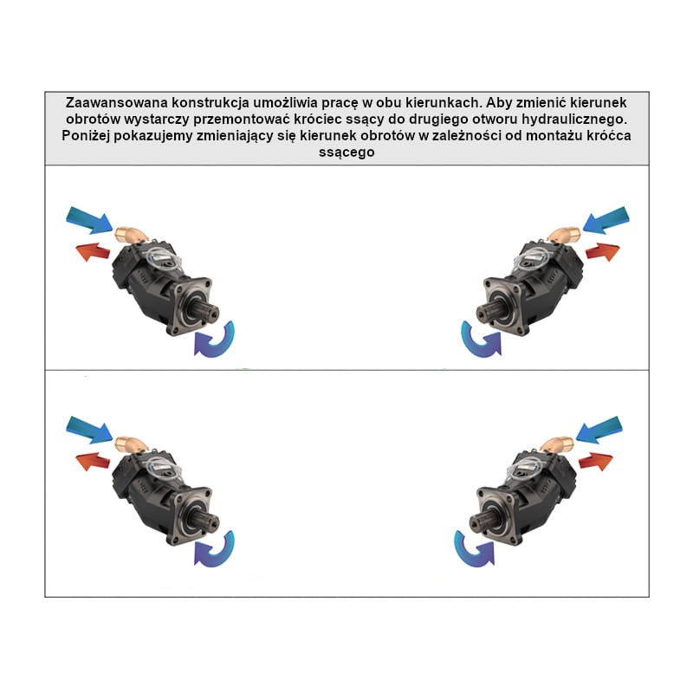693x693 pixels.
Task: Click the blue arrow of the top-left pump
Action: [x=90, y=220]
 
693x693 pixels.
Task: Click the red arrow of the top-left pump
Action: [x=94, y=252]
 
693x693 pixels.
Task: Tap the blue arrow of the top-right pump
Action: [x=606, y=219]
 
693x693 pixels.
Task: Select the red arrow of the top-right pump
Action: [x=603, y=251]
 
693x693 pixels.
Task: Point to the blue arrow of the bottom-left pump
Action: [x=90, y=430]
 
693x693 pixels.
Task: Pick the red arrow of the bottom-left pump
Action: [x=94, y=462]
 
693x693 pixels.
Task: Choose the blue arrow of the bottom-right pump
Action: [x=599, y=429]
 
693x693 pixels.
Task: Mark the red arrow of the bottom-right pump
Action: [x=596, y=461]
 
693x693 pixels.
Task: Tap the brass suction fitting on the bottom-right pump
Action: [x=558, y=444]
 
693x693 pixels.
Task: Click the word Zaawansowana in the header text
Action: [x=117, y=102]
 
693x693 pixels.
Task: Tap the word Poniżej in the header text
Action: [x=86, y=135]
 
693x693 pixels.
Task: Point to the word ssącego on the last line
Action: [x=346, y=152]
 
